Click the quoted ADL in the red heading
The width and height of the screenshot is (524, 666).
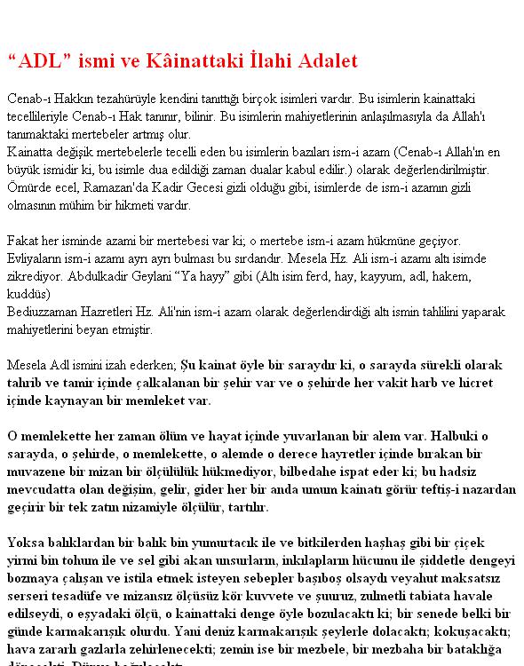38,61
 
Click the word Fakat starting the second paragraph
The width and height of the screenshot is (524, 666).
23,241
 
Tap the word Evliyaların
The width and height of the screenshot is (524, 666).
38,258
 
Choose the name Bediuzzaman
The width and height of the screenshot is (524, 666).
48,312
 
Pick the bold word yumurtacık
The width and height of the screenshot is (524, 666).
197,543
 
